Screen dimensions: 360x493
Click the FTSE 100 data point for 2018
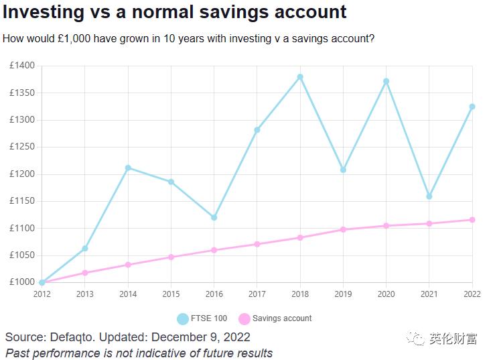point(300,77)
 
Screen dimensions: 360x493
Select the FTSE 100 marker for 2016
point(214,217)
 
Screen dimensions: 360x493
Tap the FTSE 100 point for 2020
point(386,81)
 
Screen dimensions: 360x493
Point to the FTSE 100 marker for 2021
point(429,196)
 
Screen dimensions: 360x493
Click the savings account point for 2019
point(343,229)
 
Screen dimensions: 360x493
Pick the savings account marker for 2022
point(472,220)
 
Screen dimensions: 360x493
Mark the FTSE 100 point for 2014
point(128,168)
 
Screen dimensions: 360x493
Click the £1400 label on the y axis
point(22,66)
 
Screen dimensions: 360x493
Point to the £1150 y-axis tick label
point(22,201)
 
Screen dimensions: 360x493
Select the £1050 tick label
point(22,255)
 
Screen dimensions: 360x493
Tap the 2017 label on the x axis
point(257,294)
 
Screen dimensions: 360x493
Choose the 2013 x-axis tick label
point(85,294)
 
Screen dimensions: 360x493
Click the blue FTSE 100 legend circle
point(183,318)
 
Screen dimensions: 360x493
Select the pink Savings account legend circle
point(244,318)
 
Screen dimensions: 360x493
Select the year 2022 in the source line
point(237,337)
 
